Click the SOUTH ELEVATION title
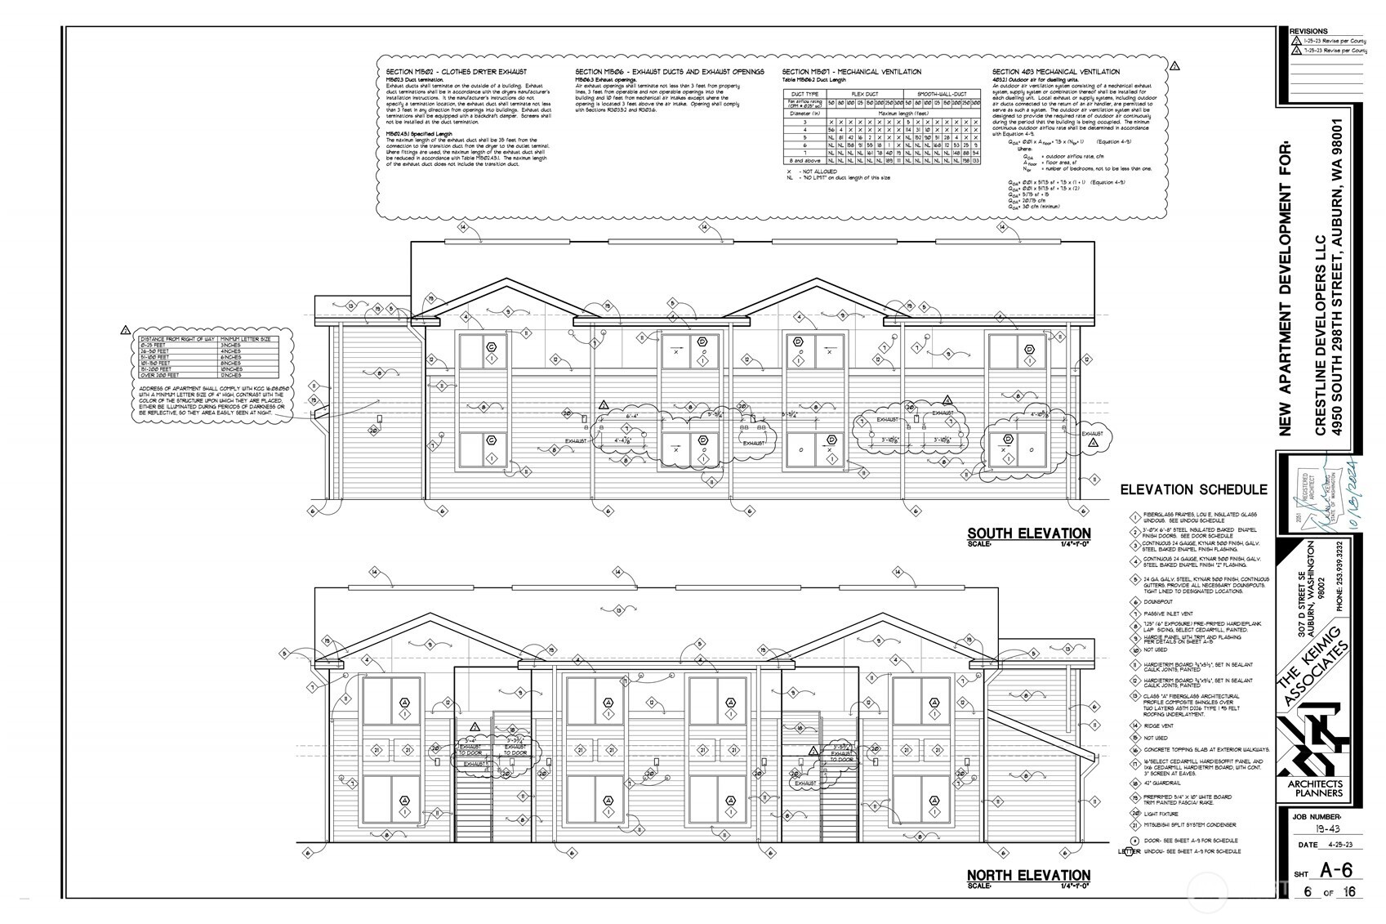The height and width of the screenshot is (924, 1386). click(1029, 533)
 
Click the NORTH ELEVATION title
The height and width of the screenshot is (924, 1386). click(1029, 875)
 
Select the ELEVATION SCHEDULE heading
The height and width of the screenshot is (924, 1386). click(1193, 490)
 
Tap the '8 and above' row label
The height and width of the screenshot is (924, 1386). click(801, 161)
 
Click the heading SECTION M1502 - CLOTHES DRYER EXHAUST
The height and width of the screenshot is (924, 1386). click(457, 72)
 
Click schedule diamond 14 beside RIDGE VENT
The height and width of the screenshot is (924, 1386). click(1135, 725)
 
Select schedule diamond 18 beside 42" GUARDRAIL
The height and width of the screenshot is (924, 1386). click(1135, 783)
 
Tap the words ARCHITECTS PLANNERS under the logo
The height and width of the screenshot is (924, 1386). click(1314, 788)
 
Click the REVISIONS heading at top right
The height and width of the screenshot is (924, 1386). click(1308, 30)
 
